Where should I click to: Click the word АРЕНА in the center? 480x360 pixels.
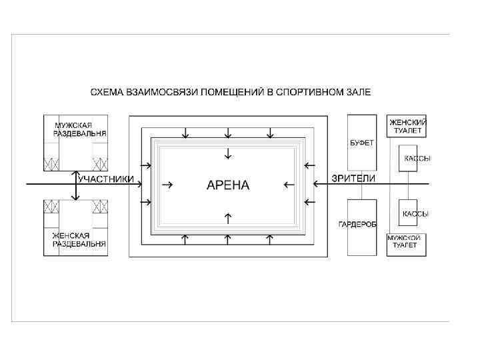coord(228,185)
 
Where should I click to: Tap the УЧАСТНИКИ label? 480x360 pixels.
coord(106,179)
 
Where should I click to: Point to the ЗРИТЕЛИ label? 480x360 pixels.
coord(353,178)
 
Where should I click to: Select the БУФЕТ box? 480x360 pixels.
coord(362,142)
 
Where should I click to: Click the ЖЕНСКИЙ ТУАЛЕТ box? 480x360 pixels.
coord(407,126)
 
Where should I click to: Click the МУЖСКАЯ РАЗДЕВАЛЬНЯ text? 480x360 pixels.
coord(78,129)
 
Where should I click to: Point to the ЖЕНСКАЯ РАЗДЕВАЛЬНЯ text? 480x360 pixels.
coord(78,240)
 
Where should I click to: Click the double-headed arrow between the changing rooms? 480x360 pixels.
coord(76,184)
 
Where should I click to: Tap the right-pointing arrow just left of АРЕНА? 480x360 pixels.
coord(169,185)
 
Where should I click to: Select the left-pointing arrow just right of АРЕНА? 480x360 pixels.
coord(289,185)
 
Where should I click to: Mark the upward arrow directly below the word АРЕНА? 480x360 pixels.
coord(228,217)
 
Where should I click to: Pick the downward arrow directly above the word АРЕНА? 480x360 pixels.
coord(228,153)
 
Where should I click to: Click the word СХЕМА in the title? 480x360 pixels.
coord(108,91)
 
